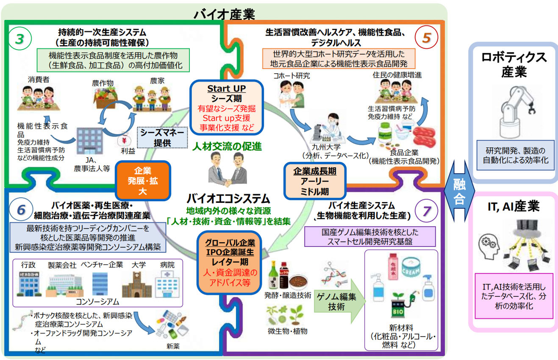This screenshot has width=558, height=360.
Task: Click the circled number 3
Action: click(19, 38)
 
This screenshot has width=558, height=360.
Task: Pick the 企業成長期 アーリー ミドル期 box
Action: click(315, 180)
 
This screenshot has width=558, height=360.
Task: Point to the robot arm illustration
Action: click(514, 112)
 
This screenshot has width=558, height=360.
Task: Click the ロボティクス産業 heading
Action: click(514, 65)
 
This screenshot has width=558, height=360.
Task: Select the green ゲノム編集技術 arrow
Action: click(338, 302)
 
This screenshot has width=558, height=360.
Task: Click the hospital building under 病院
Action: click(166, 283)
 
